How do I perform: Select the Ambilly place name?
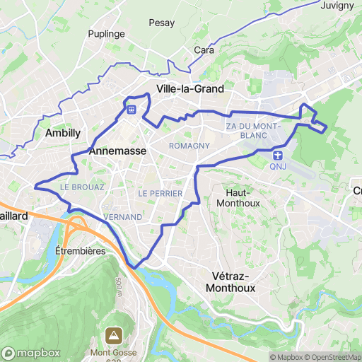point(62,133)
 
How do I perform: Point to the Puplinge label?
point(105,33)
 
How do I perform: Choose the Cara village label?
point(204,50)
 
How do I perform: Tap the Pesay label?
point(161,23)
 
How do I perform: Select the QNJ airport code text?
point(278,167)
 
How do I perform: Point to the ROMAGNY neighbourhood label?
point(189,145)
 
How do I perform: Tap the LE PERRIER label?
point(160,193)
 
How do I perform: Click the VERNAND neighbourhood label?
point(122,216)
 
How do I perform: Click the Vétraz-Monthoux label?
point(233,282)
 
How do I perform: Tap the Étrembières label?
point(80,250)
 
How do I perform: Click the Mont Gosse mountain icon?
point(113,334)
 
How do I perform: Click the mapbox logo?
point(31,353)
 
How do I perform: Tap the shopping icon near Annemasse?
point(132,110)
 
